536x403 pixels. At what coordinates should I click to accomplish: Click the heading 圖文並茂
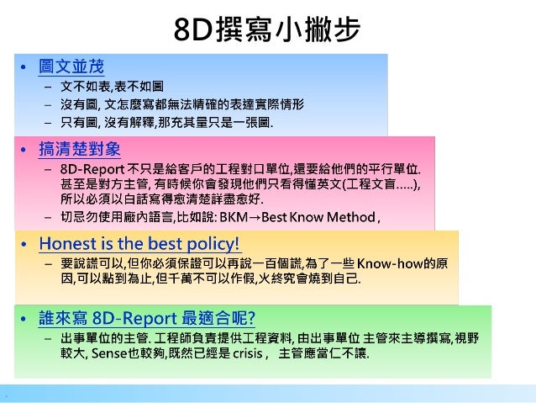click(71, 66)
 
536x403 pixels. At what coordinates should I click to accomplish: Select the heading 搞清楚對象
click(80, 150)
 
